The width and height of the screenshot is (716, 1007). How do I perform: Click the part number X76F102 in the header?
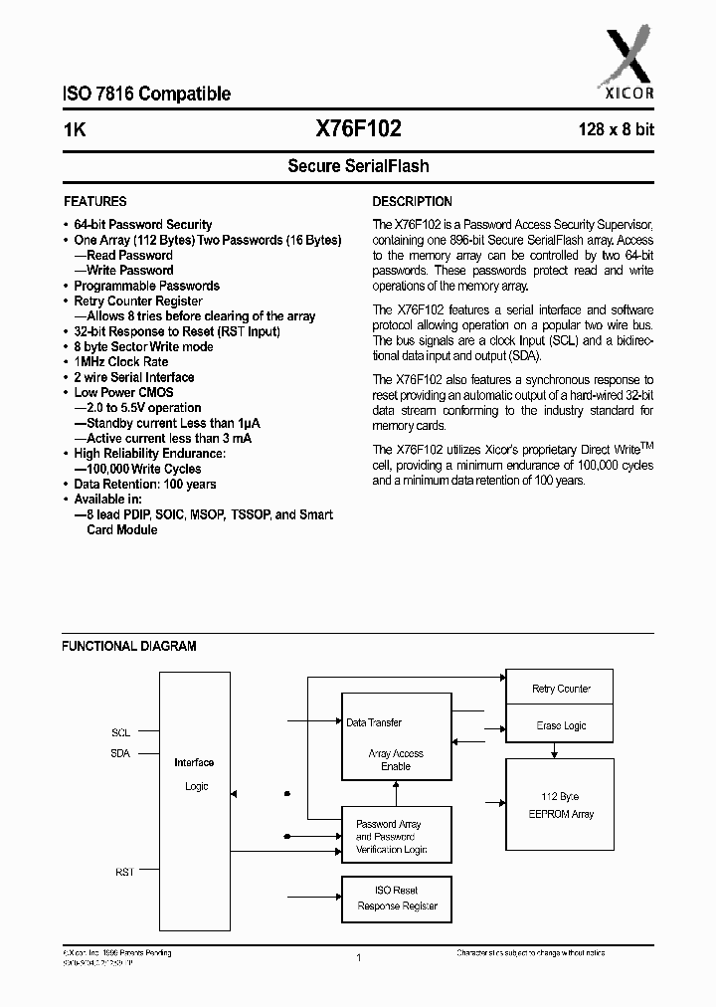point(358,128)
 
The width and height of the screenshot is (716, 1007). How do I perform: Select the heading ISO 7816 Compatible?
point(146,95)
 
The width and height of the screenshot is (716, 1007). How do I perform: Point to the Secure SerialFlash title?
point(358,166)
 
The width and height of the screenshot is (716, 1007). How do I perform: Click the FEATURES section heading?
point(94,201)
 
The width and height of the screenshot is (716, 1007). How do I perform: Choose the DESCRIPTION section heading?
point(412,201)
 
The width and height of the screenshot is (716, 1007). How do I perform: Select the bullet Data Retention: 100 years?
point(144,485)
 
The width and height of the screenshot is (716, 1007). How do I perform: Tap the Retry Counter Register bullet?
point(138,302)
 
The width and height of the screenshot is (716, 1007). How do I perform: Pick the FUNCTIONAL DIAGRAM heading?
point(129,646)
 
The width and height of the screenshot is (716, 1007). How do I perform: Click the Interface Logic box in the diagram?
point(194,774)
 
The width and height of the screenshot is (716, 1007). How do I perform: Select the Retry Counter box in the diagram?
point(561,689)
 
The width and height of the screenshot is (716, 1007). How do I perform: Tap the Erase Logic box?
point(561,725)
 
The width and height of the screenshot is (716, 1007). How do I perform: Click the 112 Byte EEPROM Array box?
point(561,805)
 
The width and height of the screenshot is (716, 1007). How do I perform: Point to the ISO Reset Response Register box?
point(397,899)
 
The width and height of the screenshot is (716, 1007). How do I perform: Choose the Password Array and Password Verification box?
point(397,836)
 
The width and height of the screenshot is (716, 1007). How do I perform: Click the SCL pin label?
point(120,732)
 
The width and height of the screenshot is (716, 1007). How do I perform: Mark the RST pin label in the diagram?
point(123,872)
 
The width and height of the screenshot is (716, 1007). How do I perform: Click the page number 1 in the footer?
point(357,957)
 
